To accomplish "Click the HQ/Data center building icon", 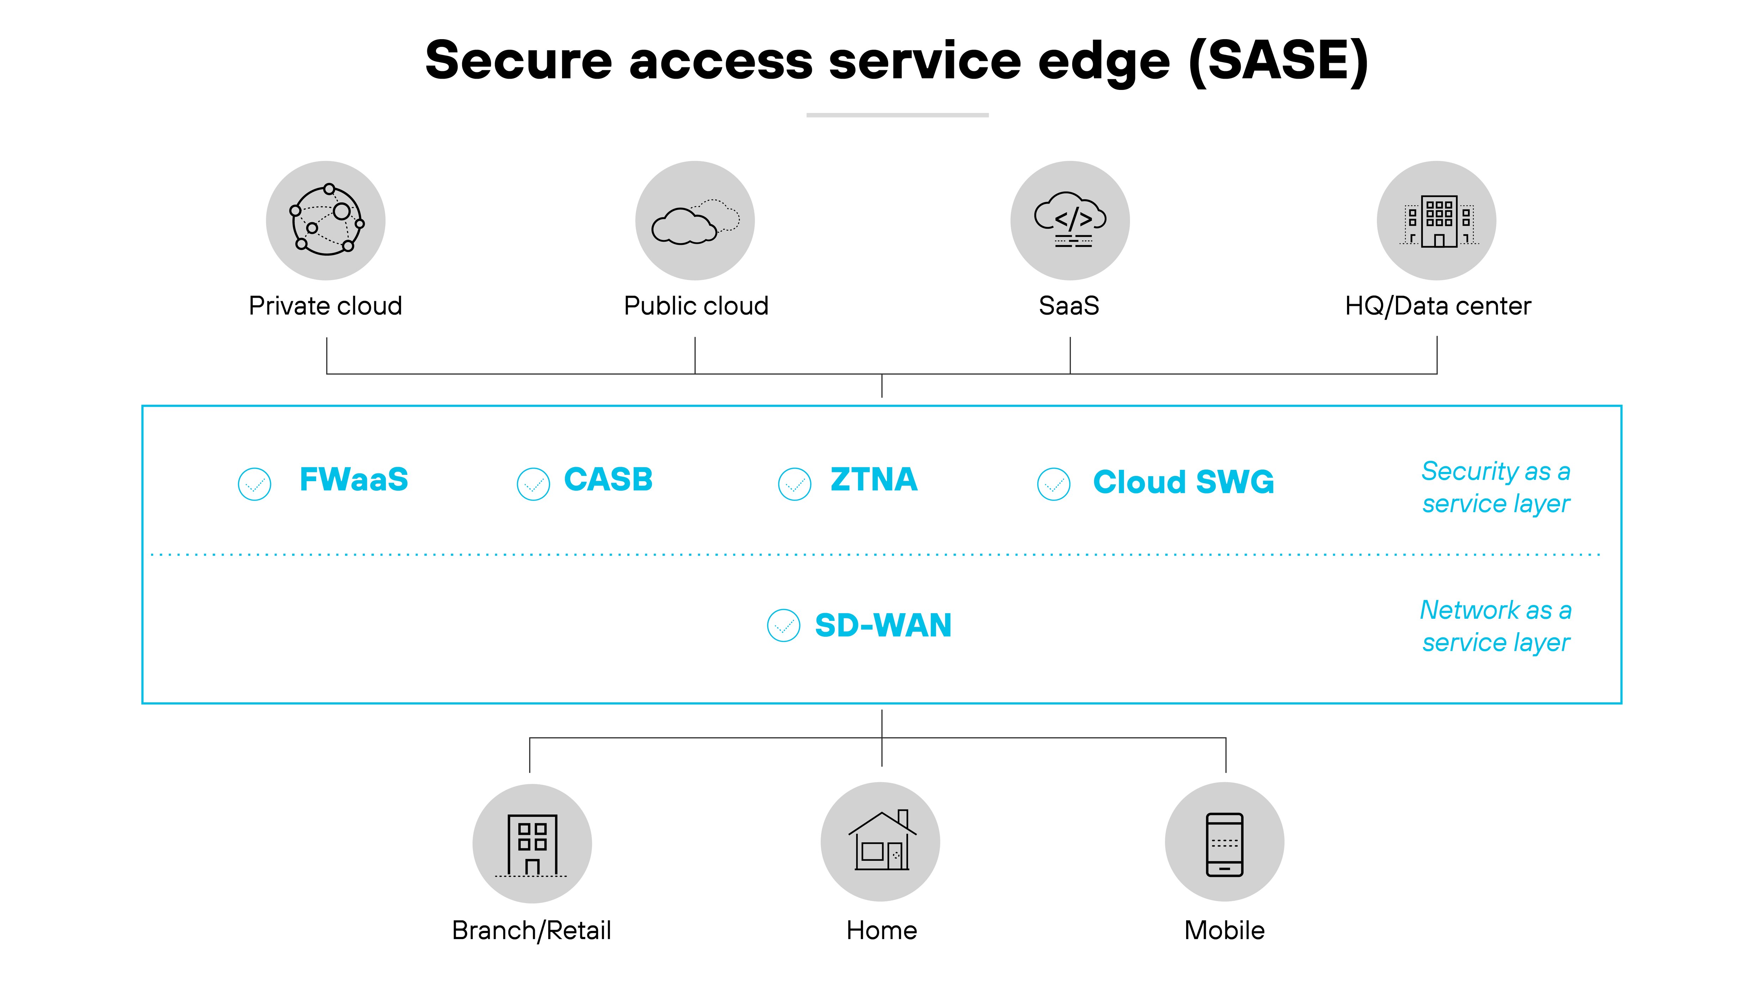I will tap(1437, 220).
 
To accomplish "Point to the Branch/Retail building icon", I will tap(532, 843).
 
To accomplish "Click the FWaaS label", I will tap(354, 479).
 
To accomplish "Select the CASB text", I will tap(608, 479).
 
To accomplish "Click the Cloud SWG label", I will tap(1183, 482).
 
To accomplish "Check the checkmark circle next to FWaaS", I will tap(255, 484).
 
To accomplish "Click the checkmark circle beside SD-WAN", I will tap(783, 625).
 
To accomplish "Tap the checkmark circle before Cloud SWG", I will tap(1054, 484).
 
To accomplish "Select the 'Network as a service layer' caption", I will tap(1496, 626).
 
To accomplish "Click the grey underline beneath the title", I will tap(897, 115).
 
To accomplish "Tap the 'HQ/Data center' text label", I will tap(1437, 306).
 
